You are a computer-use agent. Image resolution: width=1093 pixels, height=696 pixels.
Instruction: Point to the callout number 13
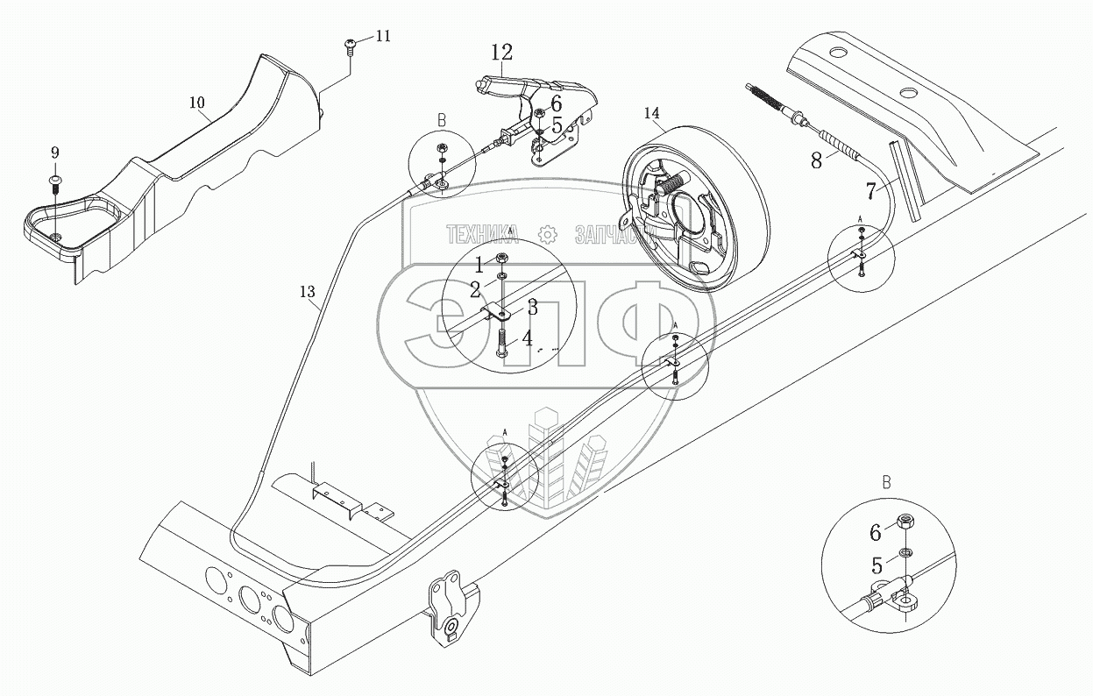point(308,293)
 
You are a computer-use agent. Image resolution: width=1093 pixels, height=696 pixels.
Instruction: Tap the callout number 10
point(197,103)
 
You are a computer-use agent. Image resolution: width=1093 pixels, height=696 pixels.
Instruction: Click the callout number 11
point(383,36)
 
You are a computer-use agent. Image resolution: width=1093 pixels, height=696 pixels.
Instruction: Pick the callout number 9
point(55,153)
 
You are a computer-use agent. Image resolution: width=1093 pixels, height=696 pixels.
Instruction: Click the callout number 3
point(532,308)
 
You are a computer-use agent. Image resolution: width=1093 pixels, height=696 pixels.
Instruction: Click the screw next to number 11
point(350,45)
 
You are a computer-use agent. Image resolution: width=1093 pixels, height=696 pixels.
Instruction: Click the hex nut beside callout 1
point(502,259)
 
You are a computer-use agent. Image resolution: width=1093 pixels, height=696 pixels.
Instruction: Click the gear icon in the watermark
point(547,234)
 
